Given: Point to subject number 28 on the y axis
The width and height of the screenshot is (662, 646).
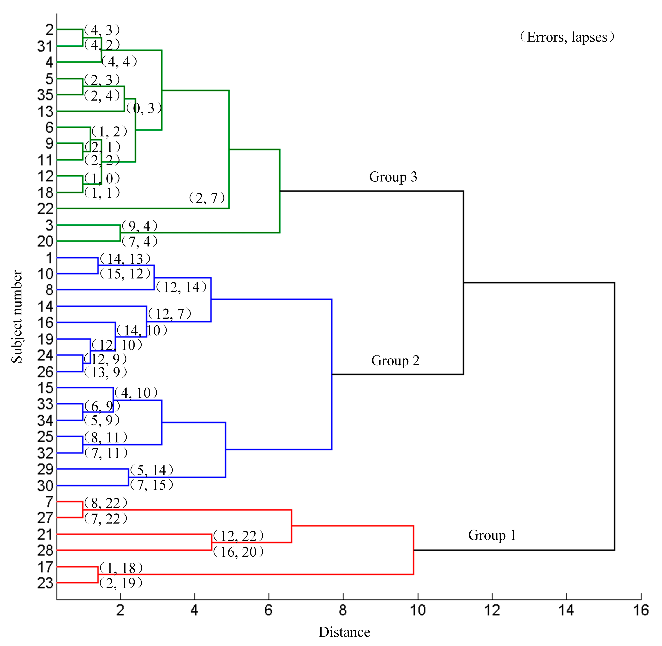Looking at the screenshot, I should click(x=45, y=550).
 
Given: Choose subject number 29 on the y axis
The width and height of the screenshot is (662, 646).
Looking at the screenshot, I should click(x=45, y=469).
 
